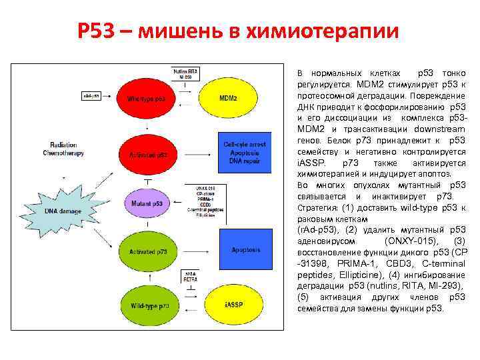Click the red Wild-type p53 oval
click(151, 99)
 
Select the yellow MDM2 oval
click(229, 99)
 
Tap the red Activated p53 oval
click(151, 155)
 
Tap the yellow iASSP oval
click(229, 305)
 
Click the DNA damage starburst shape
click(64, 211)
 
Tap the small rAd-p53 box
click(92, 97)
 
